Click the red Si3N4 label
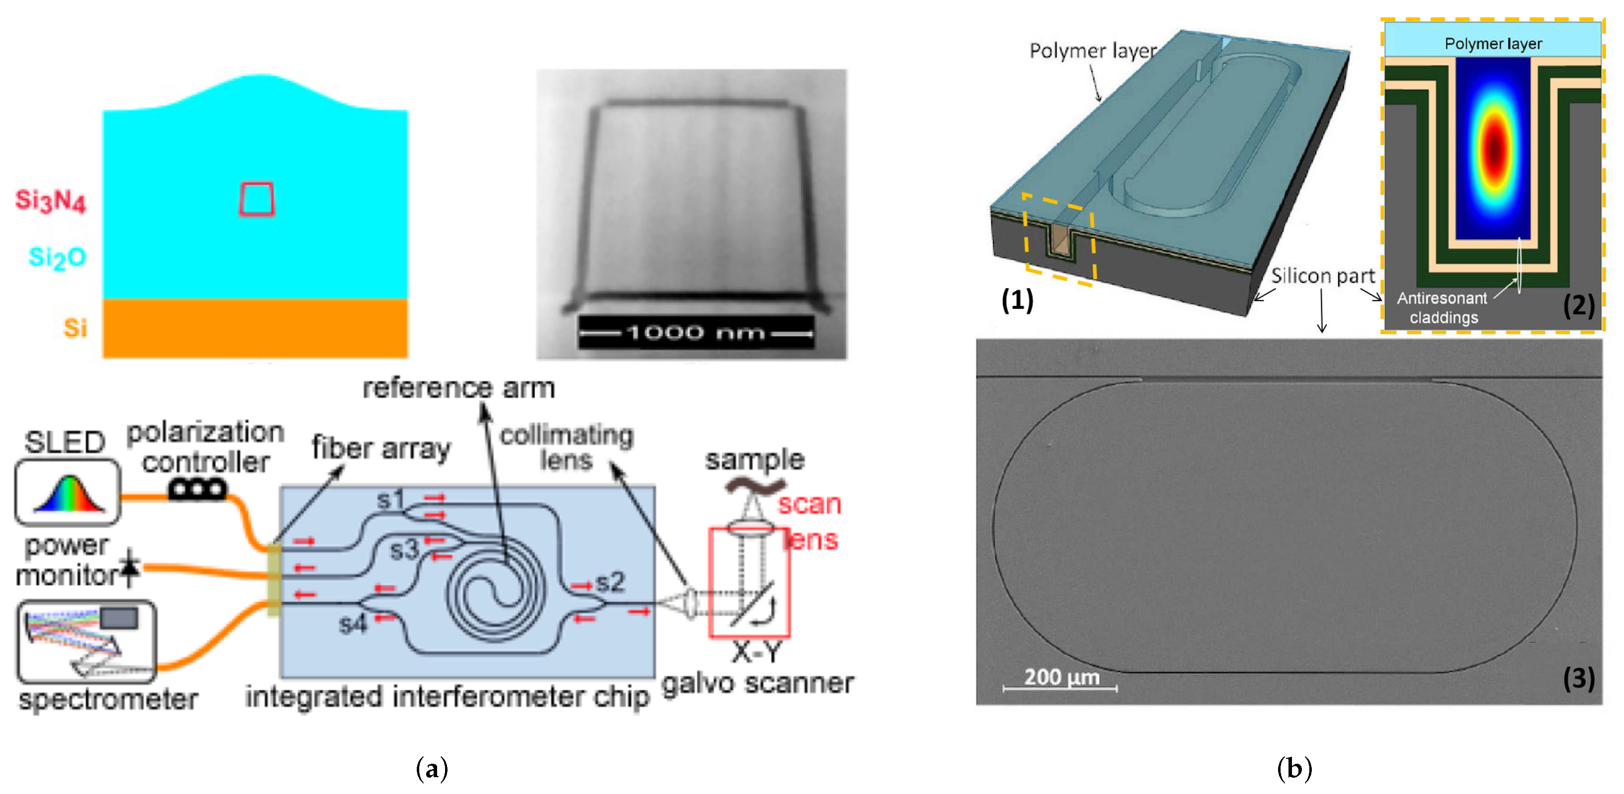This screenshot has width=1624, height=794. coord(51,200)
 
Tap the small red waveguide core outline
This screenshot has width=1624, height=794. coord(257,199)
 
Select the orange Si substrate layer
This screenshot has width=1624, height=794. coord(255,328)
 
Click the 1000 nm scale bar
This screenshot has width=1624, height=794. coord(695,332)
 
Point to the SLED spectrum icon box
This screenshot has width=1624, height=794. coord(67,492)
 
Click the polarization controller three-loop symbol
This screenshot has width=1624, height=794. coord(197,489)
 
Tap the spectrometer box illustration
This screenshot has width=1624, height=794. coord(86,641)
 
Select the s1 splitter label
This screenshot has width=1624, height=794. coord(390,500)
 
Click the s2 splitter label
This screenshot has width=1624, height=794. coord(610,581)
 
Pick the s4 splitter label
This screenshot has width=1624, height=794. coord(352,624)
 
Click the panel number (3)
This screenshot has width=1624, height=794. coord(1578,678)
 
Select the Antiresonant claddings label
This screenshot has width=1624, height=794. coord(1443,308)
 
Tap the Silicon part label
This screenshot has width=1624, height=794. coord(1322,276)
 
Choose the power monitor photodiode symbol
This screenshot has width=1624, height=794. coord(130,567)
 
